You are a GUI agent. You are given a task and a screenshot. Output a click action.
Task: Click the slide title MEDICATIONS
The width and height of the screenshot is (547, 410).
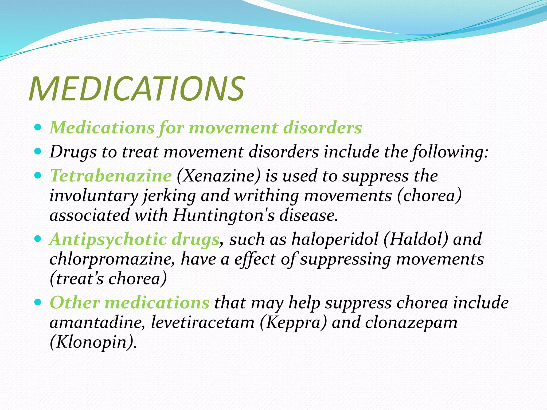[136, 89]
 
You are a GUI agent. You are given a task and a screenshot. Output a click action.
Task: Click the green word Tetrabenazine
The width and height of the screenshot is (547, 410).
[111, 176]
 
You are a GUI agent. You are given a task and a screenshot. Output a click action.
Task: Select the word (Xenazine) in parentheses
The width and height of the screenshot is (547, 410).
[218, 176]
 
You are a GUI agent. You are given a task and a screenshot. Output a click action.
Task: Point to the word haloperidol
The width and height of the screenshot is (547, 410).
[335, 239]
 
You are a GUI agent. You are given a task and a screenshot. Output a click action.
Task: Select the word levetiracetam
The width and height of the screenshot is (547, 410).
[203, 322]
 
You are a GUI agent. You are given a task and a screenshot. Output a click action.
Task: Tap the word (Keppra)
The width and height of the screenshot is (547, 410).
[293, 322]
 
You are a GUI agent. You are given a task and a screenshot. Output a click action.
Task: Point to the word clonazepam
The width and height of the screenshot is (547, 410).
[411, 322]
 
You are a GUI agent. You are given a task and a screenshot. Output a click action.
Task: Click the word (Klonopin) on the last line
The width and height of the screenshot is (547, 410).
[93, 342]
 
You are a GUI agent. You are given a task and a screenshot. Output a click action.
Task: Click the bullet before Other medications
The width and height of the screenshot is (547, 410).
[38, 302]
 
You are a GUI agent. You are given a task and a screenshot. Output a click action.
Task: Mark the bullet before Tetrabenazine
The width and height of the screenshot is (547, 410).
[38, 175]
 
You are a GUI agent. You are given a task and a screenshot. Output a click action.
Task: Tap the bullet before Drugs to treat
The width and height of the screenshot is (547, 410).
[38, 152]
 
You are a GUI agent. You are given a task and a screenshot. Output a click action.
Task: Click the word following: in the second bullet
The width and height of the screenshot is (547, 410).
[451, 152]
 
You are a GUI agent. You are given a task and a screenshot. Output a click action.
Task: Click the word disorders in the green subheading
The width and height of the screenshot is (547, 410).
[322, 128]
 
